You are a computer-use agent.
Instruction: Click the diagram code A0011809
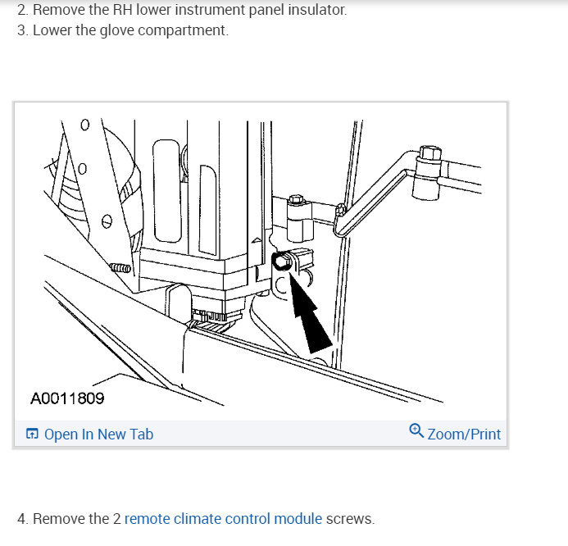click(x=67, y=399)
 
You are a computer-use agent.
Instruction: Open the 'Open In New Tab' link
click(x=98, y=435)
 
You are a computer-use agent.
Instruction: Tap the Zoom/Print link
click(x=464, y=435)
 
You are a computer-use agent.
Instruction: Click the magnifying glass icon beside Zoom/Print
click(x=416, y=432)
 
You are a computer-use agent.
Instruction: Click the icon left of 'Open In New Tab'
click(x=32, y=435)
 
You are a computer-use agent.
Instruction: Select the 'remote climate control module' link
click(x=223, y=519)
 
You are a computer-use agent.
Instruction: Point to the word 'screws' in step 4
click(x=349, y=519)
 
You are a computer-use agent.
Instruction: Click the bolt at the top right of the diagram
click(x=427, y=154)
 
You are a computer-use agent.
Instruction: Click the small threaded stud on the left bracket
click(x=120, y=268)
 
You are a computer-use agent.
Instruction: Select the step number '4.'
click(x=22, y=519)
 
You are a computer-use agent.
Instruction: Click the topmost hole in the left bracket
click(x=83, y=125)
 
